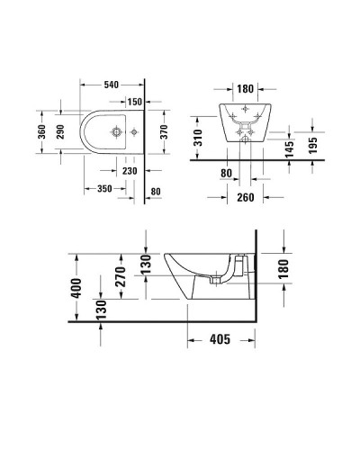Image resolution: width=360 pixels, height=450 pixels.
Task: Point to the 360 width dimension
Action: pos(40,133)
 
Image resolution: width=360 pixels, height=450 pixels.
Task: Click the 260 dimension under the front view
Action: pos(246,197)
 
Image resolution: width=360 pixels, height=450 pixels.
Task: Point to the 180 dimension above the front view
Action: pos(245,89)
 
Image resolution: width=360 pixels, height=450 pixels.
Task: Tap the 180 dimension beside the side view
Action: pos(284,269)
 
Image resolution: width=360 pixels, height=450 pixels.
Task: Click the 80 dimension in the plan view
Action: pos(155,190)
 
